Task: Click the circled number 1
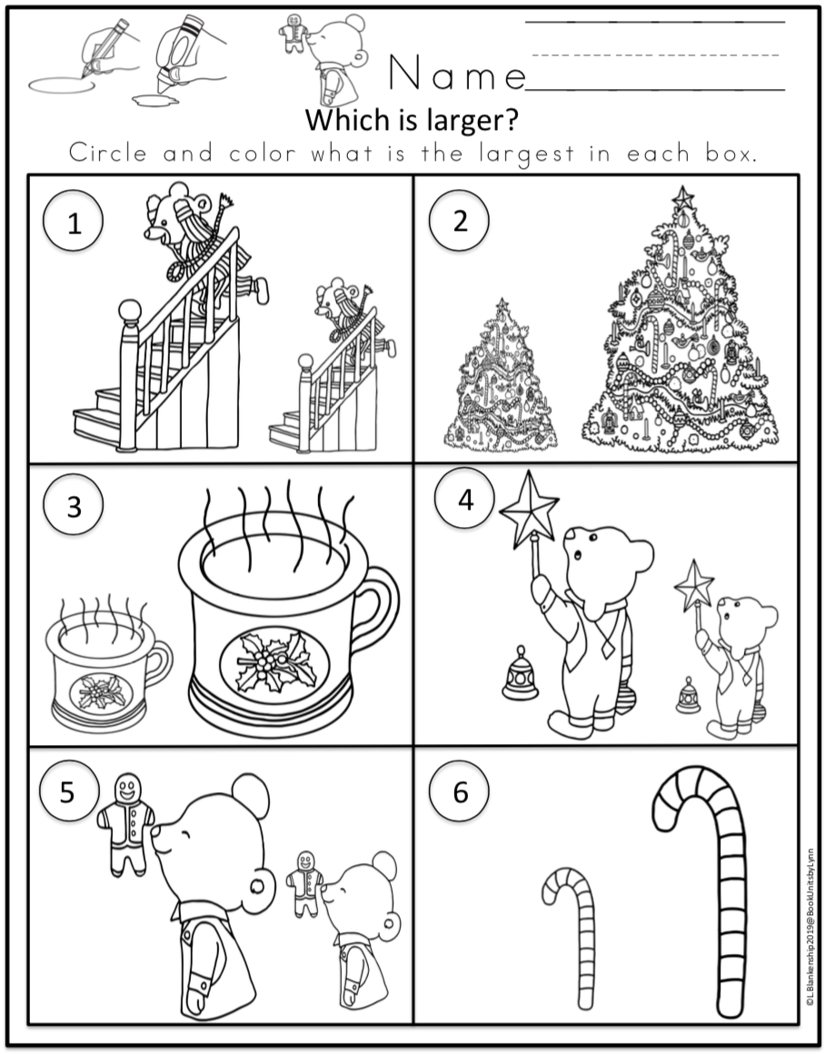[x=74, y=221]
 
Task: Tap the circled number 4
[x=464, y=500]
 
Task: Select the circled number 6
[x=460, y=791]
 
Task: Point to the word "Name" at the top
[x=457, y=73]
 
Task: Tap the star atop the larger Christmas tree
[x=682, y=198]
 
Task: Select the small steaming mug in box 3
[x=107, y=665]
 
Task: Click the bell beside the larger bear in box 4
[x=520, y=674]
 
